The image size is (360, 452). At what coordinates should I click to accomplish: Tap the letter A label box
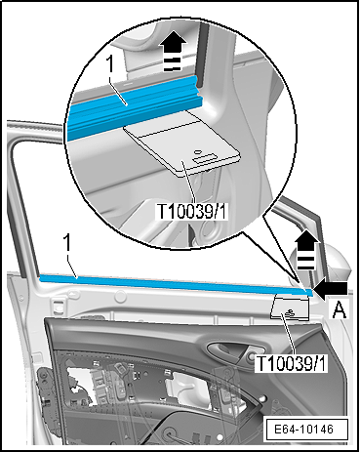coord(340,309)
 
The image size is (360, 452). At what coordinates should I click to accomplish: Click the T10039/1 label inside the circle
coord(192,211)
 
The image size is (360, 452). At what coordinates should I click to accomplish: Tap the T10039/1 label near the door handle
coord(292,363)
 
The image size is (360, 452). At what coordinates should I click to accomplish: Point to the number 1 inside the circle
coord(111,64)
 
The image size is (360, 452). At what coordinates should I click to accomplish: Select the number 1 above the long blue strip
coord(66,243)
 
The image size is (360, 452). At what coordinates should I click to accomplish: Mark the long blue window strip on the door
coord(176,285)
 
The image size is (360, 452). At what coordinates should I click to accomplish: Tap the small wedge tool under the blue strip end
coord(290,308)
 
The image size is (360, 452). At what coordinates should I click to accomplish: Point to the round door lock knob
coord(251,357)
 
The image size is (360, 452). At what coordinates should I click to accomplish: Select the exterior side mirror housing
coord(337,257)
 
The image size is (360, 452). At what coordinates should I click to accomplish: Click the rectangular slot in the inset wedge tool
coord(202,158)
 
